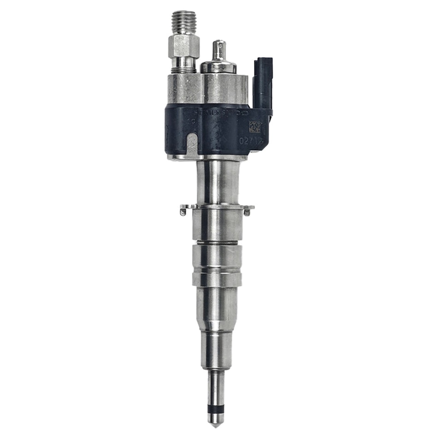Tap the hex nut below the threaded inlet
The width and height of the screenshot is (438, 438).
click(x=183, y=46)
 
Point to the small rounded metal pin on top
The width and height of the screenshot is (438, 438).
click(x=218, y=51)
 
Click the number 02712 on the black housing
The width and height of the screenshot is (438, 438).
click(x=250, y=139)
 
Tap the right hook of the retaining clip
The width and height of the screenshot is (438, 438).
click(x=248, y=212)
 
